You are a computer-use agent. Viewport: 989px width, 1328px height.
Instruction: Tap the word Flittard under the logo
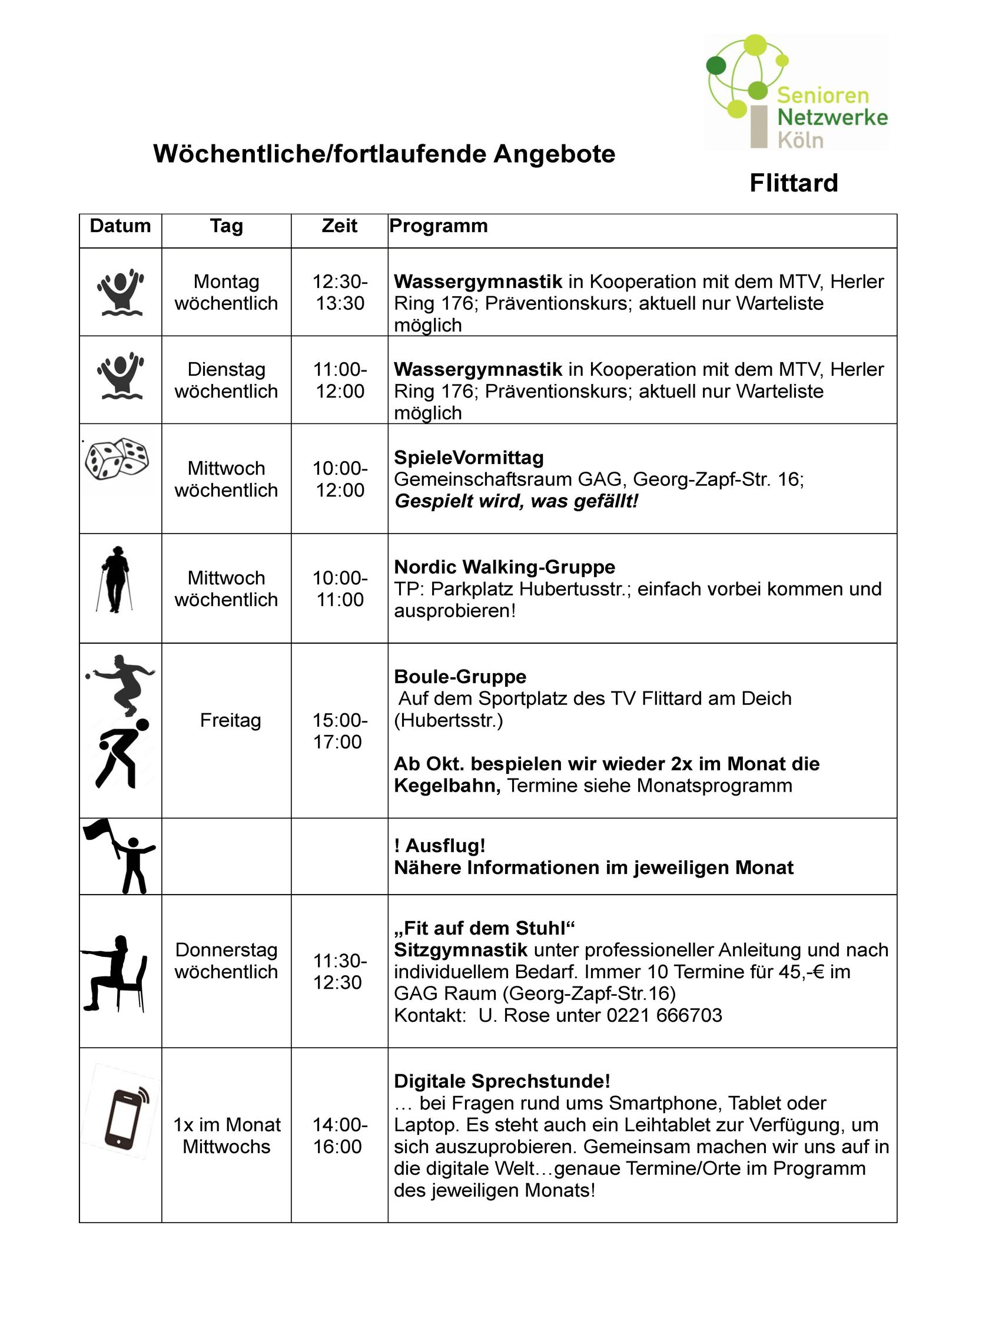[793, 183]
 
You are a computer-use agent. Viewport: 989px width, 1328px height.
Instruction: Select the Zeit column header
[340, 226]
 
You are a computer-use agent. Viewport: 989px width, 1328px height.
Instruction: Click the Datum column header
[120, 226]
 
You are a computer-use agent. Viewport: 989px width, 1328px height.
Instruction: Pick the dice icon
[117, 459]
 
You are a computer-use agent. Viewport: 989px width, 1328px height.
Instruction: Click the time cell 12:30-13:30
[340, 292]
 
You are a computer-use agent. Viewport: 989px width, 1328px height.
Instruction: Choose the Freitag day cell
[231, 720]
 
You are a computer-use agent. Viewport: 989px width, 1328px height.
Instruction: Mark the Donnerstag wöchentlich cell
[226, 961]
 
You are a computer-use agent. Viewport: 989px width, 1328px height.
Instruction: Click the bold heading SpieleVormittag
[469, 458]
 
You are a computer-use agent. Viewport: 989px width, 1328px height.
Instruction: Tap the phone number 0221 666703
[665, 1015]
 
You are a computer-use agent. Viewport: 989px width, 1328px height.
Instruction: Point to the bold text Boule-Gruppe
[460, 677]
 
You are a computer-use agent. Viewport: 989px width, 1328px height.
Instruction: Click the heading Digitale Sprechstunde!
[502, 1081]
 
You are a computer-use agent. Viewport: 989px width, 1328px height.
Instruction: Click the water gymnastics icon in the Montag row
[120, 292]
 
